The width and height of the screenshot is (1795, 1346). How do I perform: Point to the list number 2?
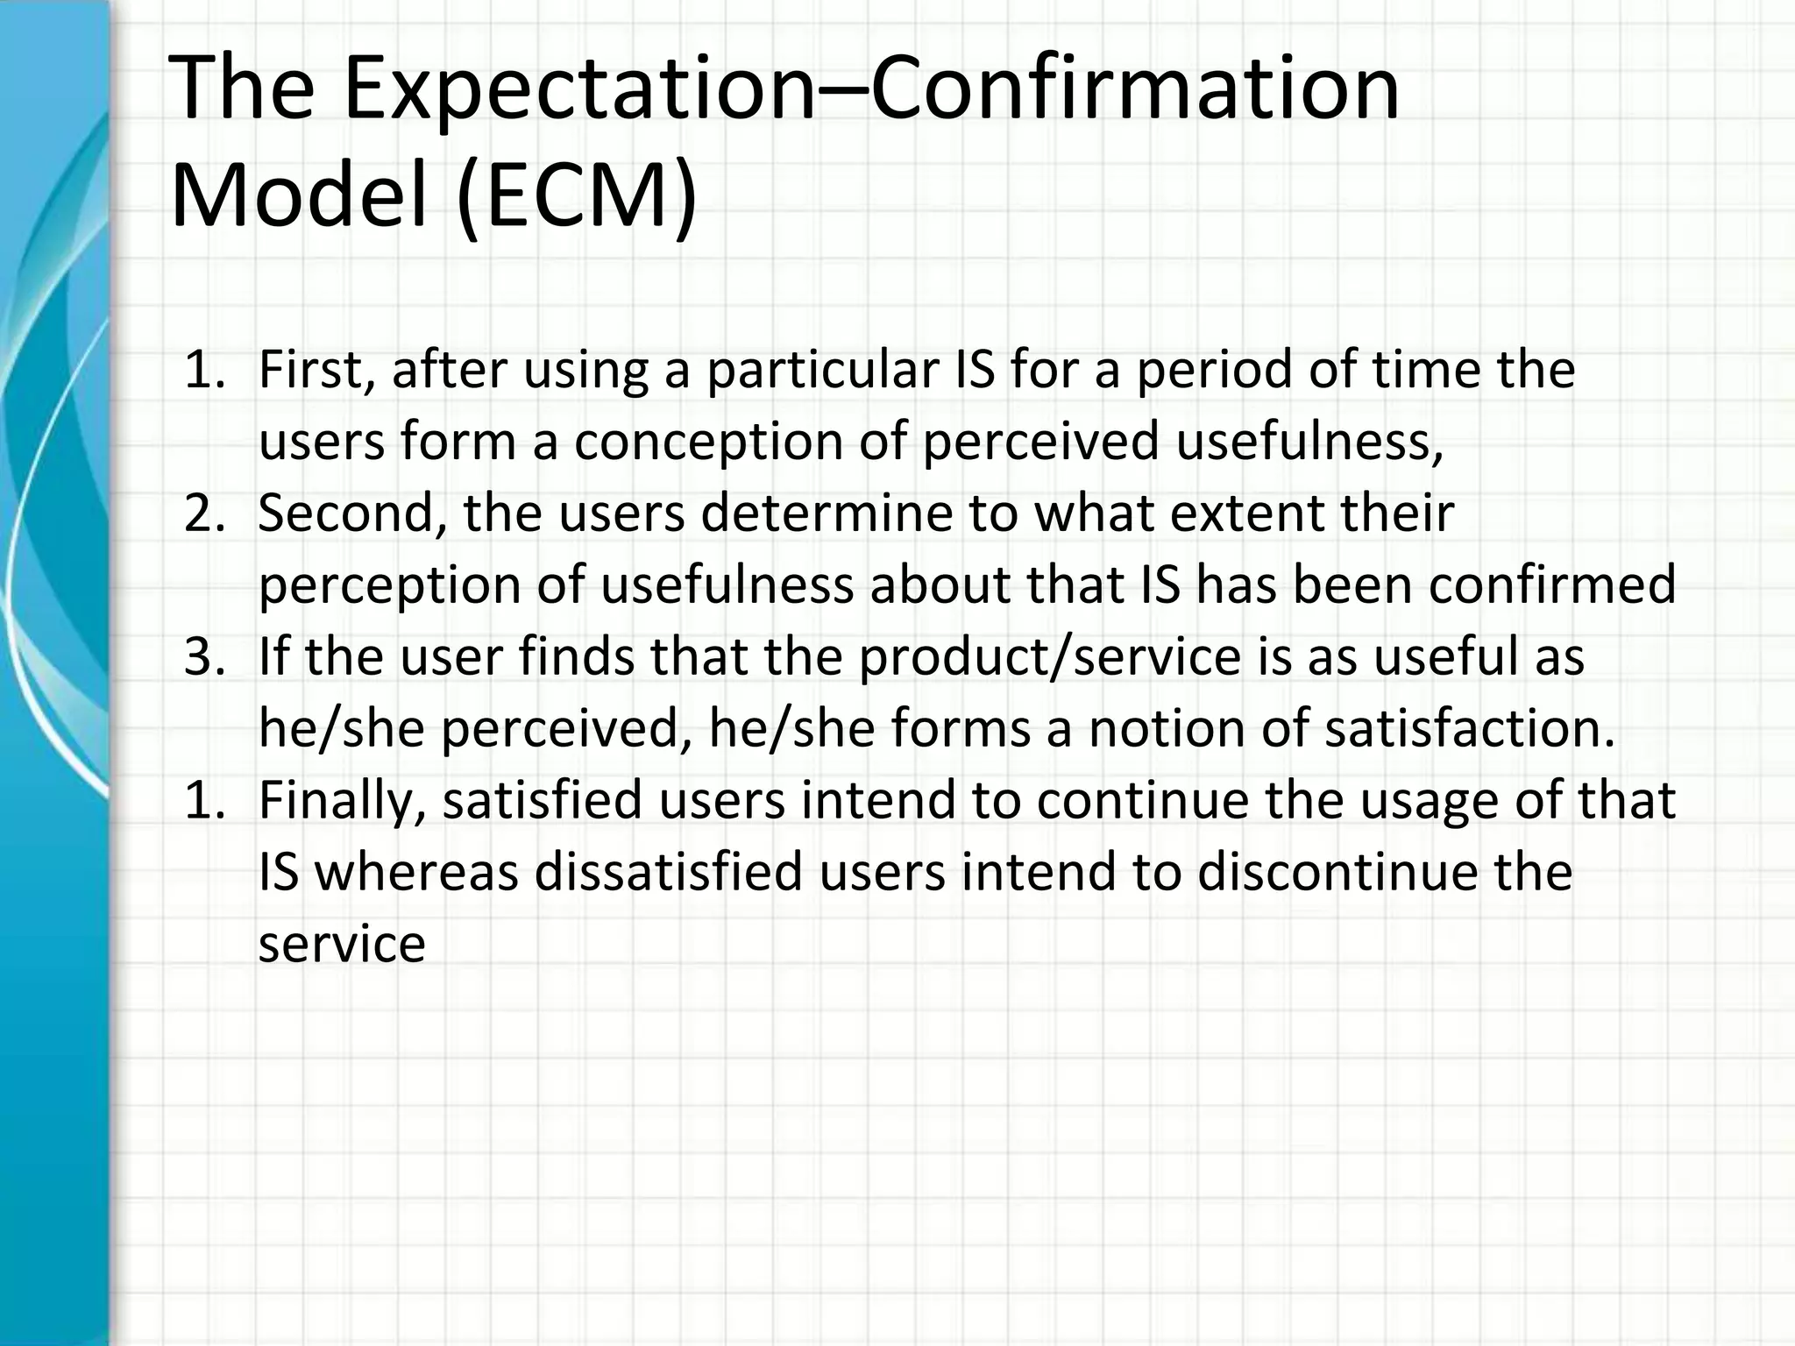tap(205, 514)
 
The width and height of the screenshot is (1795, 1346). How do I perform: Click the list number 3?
tap(205, 657)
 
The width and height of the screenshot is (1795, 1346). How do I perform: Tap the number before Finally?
tap(205, 801)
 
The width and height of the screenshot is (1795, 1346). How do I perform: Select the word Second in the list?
tap(352, 514)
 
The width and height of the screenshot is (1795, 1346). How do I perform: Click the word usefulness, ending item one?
tap(1309, 442)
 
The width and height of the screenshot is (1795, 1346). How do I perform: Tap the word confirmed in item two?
tap(1551, 585)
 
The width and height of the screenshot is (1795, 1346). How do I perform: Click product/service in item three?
tap(1050, 657)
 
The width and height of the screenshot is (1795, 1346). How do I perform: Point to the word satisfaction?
tap(1469, 729)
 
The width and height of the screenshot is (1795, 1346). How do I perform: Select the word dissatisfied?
tap(668, 873)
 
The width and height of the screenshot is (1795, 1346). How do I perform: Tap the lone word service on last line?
tap(342, 945)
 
